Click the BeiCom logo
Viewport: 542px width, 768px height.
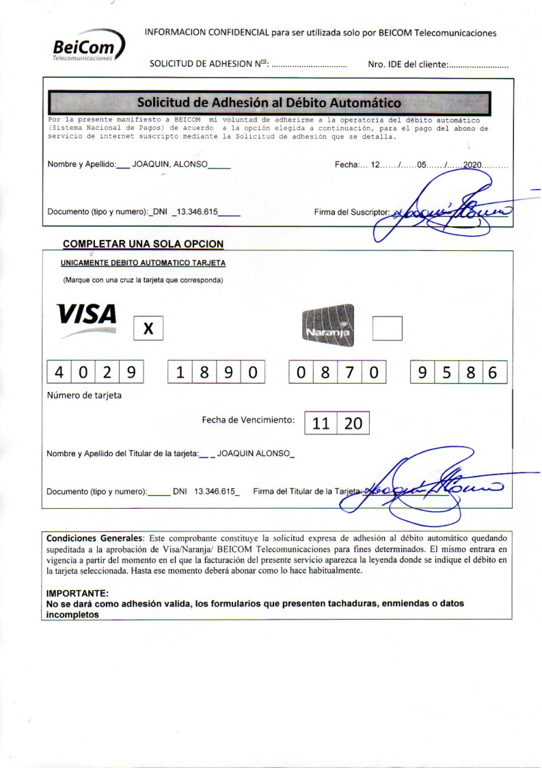88,49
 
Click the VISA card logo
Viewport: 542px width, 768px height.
87,315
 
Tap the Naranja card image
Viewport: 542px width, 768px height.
328,323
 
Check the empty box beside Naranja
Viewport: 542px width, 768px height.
387,328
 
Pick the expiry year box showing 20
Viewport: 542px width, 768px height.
353,423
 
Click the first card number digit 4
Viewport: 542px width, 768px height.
59,373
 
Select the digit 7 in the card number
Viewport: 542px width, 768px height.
349,373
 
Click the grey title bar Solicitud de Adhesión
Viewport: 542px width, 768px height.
269,103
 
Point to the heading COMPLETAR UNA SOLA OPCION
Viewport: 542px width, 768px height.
143,244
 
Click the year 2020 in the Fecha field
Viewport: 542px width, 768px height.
473,165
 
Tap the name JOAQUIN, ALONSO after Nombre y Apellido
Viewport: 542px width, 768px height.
170,165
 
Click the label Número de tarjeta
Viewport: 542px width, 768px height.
84,395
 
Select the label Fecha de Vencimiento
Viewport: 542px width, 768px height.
248,420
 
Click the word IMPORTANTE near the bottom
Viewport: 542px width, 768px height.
77,594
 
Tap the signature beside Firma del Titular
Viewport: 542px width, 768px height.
427,488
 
